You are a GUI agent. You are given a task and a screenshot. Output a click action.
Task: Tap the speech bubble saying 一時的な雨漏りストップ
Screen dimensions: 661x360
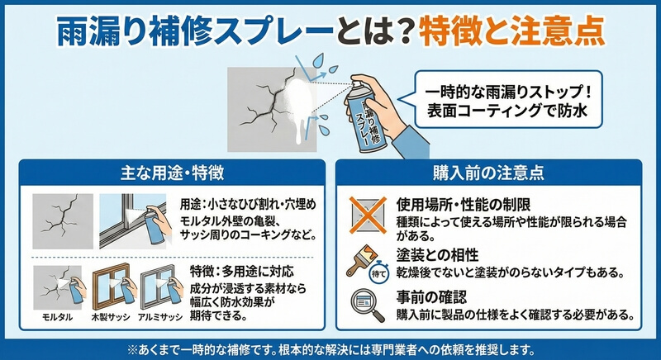(x=507, y=99)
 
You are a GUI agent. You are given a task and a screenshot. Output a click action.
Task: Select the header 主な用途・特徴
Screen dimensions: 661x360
(x=172, y=173)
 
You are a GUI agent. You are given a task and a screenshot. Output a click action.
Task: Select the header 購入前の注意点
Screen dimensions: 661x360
(x=488, y=173)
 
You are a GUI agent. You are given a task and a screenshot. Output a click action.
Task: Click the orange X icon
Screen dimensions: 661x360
(x=368, y=216)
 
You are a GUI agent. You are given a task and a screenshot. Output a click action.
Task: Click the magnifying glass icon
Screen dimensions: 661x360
(x=367, y=306)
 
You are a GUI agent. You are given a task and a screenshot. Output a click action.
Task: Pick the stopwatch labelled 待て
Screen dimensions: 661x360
(x=378, y=273)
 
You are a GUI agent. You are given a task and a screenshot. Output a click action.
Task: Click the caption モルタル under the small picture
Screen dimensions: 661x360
(x=57, y=317)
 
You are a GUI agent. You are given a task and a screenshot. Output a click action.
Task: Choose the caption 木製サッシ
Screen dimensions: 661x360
(x=111, y=317)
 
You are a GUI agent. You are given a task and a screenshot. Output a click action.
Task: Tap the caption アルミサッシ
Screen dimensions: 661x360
(x=160, y=317)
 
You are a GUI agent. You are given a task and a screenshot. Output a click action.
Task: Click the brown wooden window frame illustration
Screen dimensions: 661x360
(x=112, y=287)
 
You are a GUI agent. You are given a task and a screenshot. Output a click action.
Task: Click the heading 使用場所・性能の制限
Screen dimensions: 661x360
(x=464, y=205)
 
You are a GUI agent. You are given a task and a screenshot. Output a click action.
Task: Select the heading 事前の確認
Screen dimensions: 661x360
(x=431, y=297)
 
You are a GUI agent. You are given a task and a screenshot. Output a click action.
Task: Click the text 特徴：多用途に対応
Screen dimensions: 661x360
(x=241, y=272)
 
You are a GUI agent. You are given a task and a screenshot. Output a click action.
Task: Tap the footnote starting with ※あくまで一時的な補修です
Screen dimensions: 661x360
(x=330, y=350)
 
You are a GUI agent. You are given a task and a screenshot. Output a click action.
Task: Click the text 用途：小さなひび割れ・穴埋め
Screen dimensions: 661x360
(x=248, y=205)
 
